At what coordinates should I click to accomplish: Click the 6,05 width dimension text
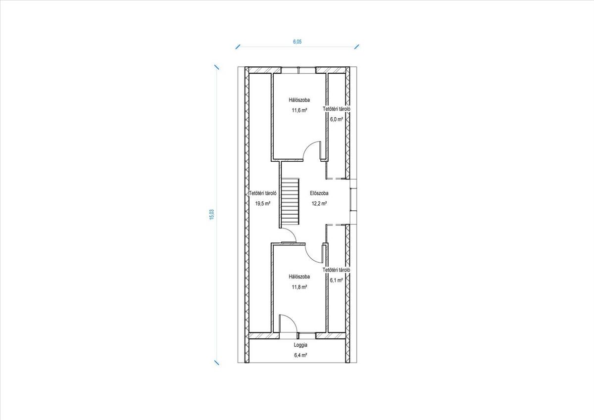(x=297, y=42)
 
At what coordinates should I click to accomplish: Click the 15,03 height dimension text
(x=212, y=215)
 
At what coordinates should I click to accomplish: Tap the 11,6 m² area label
(x=299, y=110)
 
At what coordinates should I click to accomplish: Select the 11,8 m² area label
(x=299, y=287)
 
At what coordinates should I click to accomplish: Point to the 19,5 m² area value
(x=263, y=203)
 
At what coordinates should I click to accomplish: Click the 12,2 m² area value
(x=319, y=203)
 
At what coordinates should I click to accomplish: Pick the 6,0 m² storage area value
(x=336, y=119)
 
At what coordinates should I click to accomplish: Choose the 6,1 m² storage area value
(x=336, y=280)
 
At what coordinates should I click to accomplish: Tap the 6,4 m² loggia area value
(x=300, y=355)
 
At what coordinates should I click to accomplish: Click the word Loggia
(x=300, y=345)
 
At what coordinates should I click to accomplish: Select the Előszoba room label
(x=319, y=193)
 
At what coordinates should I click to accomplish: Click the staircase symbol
(x=290, y=201)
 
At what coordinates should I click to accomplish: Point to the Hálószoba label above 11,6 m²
(x=299, y=100)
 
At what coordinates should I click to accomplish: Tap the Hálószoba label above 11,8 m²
(x=299, y=277)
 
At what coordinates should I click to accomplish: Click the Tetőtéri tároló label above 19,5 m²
(x=263, y=193)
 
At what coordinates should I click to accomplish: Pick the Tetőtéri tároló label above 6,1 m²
(x=337, y=270)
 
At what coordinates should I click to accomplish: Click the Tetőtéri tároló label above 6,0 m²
(x=337, y=109)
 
